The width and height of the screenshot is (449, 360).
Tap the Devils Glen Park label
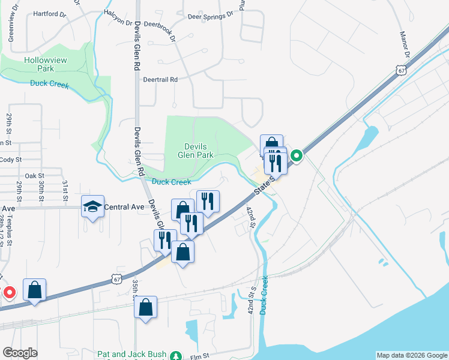click(x=195, y=150)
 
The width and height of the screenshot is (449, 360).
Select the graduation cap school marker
click(x=92, y=206)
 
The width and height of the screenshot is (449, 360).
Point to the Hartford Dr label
click(x=49, y=13)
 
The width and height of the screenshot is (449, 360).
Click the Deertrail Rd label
click(x=160, y=79)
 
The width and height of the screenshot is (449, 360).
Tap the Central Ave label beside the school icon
click(x=124, y=207)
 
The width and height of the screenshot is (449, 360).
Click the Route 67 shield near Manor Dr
click(x=402, y=70)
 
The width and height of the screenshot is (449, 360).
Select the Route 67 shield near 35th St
click(x=116, y=279)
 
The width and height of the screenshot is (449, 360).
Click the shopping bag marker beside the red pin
click(x=35, y=290)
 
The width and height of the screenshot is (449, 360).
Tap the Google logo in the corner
click(x=20, y=353)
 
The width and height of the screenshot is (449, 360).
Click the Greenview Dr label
click(x=10, y=28)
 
